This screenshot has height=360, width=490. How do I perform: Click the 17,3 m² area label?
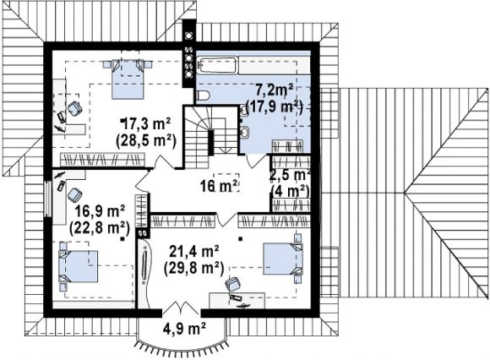tap(146, 125)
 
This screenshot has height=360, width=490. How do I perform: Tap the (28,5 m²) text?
tap(146, 141)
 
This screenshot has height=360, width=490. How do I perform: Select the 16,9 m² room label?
tap(100, 212)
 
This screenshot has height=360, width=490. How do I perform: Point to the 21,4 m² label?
tap(193, 252)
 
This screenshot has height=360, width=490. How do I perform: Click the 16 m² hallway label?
tap(220, 186)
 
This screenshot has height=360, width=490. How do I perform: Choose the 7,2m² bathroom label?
tap(274, 91)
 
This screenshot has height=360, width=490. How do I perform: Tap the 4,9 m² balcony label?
tap(184, 328)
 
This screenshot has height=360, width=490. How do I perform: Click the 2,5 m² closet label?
tap(290, 175)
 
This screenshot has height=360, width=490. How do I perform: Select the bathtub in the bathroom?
tap(218, 65)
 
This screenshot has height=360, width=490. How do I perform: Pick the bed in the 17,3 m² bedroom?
tap(128, 79)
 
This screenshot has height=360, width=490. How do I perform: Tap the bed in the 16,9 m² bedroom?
tap(79, 266)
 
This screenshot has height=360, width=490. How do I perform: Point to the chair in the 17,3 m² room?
tap(74, 108)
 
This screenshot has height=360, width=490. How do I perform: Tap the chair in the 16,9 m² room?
tap(74, 195)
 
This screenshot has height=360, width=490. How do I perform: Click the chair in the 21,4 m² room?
tap(233, 285)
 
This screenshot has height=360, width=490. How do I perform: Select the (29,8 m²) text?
tap(193, 268)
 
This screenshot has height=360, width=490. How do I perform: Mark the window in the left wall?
tap(48, 199)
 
